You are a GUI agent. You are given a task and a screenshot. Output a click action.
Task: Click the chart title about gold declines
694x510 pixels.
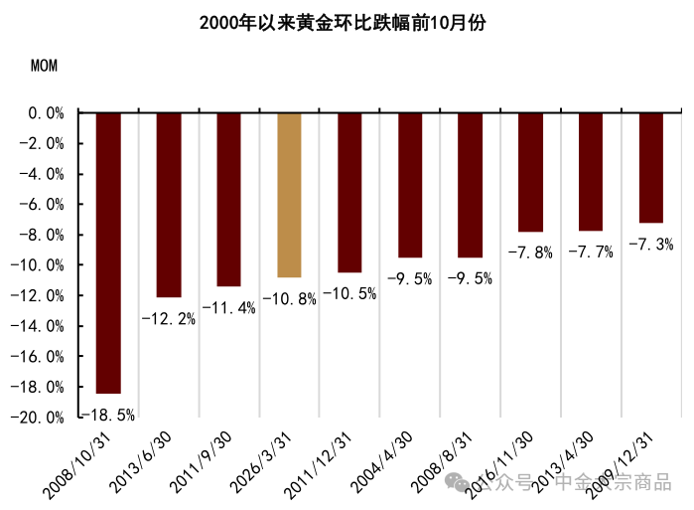pos(344,22)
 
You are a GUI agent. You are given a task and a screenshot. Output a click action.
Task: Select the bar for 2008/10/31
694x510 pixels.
pos(108,253)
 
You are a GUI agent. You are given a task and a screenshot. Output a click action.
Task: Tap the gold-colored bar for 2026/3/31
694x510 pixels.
pos(289,195)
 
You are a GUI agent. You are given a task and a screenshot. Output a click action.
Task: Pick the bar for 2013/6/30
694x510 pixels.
pos(169,205)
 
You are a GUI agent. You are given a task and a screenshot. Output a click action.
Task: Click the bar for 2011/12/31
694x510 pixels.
pos(349,192)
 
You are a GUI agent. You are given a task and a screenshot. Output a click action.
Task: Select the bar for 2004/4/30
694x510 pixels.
pos(410,185)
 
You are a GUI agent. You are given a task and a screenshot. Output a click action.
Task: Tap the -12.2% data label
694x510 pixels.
pos(168,319)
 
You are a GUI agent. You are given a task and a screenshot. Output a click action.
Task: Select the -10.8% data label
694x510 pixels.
pos(289,298)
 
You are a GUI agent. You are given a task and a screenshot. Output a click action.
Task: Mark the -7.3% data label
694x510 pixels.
pos(651,244)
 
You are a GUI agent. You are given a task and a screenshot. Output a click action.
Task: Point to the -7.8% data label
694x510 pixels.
pos(530,253)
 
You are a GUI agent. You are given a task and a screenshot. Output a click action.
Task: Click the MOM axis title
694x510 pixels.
pos(44,68)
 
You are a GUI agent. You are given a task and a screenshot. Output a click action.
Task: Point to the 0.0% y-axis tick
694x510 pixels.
pos(46,113)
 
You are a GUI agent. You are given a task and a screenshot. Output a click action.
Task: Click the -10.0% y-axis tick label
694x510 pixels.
pos(42,265)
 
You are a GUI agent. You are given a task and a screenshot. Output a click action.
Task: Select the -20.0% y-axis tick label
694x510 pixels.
pos(42,418)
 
